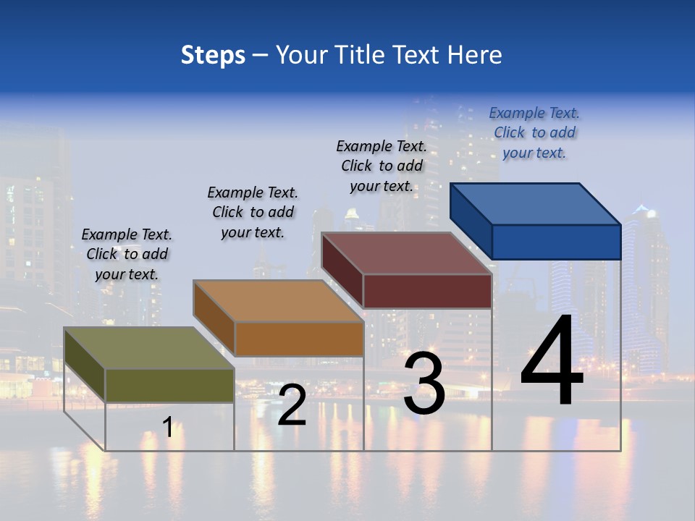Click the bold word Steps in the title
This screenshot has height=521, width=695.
[213, 55]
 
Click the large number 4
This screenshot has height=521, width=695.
[552, 362]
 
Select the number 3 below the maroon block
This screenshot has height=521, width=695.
[424, 384]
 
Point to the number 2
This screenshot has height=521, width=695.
[292, 406]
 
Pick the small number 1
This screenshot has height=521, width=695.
[168, 427]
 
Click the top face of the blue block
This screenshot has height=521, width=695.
[536, 203]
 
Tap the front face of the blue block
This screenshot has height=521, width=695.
[556, 242]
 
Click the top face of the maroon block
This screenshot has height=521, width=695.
[407, 253]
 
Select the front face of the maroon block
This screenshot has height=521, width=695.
[427, 291]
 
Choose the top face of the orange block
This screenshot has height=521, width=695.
[278, 301]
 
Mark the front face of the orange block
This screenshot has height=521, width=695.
[299, 339]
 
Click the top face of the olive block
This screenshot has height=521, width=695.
[149, 348]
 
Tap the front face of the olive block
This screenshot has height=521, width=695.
[169, 385]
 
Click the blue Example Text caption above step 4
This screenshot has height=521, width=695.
[534, 132]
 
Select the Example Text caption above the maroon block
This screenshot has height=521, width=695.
[382, 166]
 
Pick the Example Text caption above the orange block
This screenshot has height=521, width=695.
[253, 212]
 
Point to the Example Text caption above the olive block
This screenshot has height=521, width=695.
[127, 254]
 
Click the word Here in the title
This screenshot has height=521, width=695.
[475, 55]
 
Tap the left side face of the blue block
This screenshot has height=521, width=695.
[471, 221]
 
